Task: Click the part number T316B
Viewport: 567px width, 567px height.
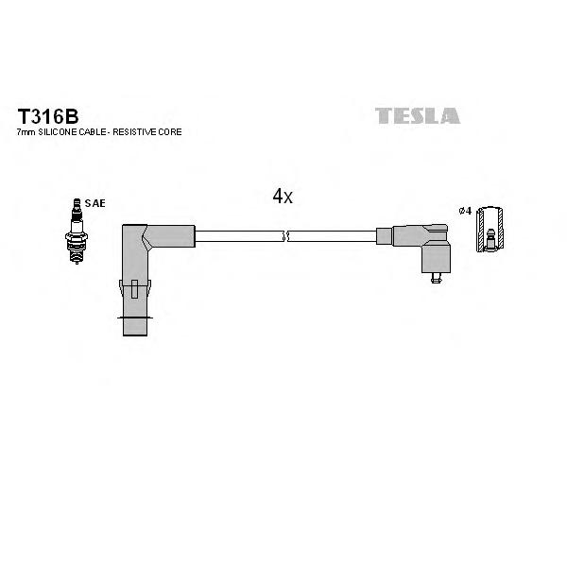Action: point(48,116)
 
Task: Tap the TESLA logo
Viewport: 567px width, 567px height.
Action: point(418,115)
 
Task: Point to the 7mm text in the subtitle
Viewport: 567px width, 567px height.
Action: point(26,132)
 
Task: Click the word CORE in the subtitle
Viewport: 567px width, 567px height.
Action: point(170,132)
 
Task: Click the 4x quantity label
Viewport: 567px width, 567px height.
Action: point(283,197)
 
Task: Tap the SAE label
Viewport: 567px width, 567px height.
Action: point(95,203)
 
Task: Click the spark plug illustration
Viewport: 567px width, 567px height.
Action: point(77,231)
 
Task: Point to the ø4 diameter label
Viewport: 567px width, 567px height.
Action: point(465,211)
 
